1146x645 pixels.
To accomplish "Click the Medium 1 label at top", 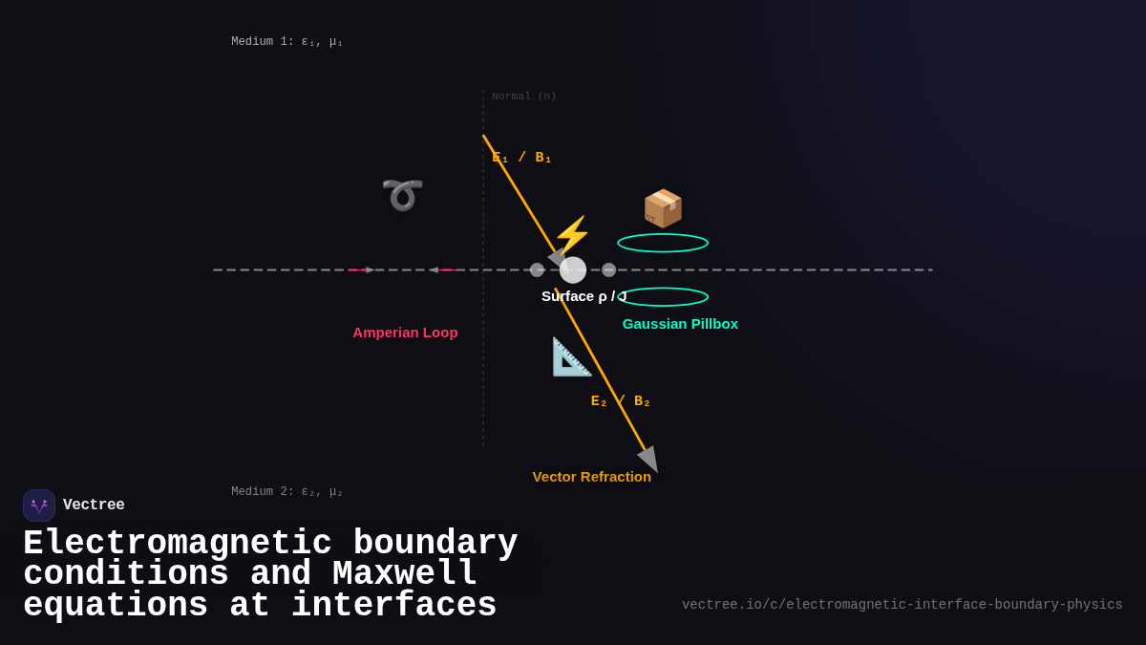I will click(x=286, y=42).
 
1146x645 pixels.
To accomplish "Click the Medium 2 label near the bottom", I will click(x=286, y=492).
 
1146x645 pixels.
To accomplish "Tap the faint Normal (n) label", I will click(x=524, y=97).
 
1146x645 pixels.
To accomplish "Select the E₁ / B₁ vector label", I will click(x=521, y=158).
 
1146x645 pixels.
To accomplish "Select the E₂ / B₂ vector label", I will click(x=620, y=401).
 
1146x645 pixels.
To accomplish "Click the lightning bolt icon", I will click(x=572, y=234).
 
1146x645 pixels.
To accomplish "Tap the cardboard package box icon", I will click(x=663, y=208).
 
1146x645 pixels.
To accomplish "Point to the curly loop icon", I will click(x=402, y=194).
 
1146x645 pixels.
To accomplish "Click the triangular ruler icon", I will click(x=571, y=356).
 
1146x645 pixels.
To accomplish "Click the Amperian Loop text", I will click(x=405, y=333).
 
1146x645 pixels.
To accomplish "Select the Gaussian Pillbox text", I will click(x=680, y=324).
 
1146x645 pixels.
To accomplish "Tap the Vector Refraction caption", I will click(x=591, y=477).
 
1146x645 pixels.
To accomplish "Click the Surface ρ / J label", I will click(x=584, y=296).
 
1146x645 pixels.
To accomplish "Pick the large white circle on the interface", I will click(x=573, y=270).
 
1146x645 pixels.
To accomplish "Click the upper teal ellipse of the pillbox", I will click(x=663, y=243).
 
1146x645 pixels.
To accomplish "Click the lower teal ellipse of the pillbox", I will click(x=663, y=297).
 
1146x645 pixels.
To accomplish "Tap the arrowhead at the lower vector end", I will click(x=649, y=460).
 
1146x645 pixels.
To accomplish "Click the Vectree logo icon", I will click(x=39, y=505).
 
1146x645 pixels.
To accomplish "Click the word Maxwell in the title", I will click(x=404, y=574).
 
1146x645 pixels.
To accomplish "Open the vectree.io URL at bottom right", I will click(x=902, y=605).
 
